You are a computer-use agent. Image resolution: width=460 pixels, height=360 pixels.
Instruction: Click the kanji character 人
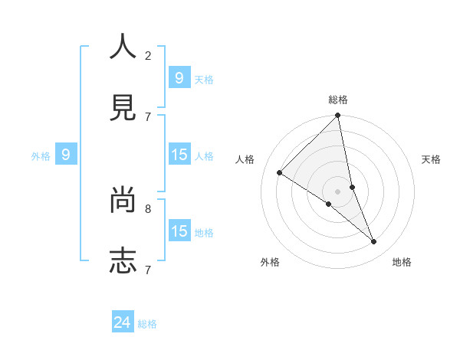123,47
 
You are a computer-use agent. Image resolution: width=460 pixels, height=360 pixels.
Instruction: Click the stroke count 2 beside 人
148,56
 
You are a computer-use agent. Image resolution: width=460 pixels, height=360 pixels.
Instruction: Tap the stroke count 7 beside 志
148,270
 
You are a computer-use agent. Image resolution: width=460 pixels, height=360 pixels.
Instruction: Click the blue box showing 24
123,322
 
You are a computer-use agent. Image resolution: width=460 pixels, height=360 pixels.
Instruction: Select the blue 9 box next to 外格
66,155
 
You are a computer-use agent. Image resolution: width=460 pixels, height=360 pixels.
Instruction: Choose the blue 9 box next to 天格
179,78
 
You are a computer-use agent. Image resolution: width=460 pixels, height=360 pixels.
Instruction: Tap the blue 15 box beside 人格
179,155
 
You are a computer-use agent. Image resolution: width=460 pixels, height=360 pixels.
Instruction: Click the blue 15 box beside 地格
179,231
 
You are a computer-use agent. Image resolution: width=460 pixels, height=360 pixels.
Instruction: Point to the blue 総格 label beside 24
147,324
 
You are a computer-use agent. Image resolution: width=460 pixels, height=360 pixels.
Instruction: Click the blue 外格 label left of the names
41,156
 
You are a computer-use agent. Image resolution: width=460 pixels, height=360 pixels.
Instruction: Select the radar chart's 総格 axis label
338,100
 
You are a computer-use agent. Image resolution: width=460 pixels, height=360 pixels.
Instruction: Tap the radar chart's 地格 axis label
402,262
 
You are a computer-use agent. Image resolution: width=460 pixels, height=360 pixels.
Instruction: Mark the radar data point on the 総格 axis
338,116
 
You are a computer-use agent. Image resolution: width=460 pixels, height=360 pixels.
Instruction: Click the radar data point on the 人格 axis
280,173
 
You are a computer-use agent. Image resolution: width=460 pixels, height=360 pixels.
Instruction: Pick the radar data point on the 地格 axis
374,242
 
